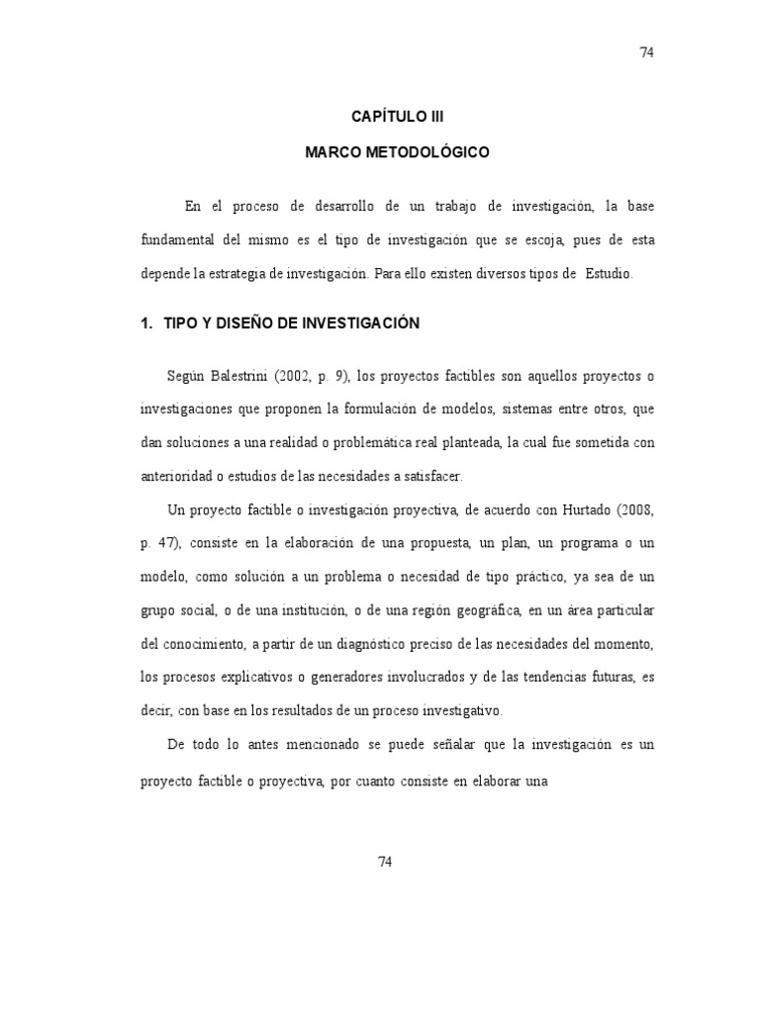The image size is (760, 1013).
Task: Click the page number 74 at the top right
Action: pos(647,52)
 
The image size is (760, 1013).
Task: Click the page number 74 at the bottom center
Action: pos(386,862)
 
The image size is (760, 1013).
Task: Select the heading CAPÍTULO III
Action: pos(391,116)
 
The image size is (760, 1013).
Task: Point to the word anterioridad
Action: pos(179,475)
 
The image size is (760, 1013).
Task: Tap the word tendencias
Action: pos(544,677)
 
